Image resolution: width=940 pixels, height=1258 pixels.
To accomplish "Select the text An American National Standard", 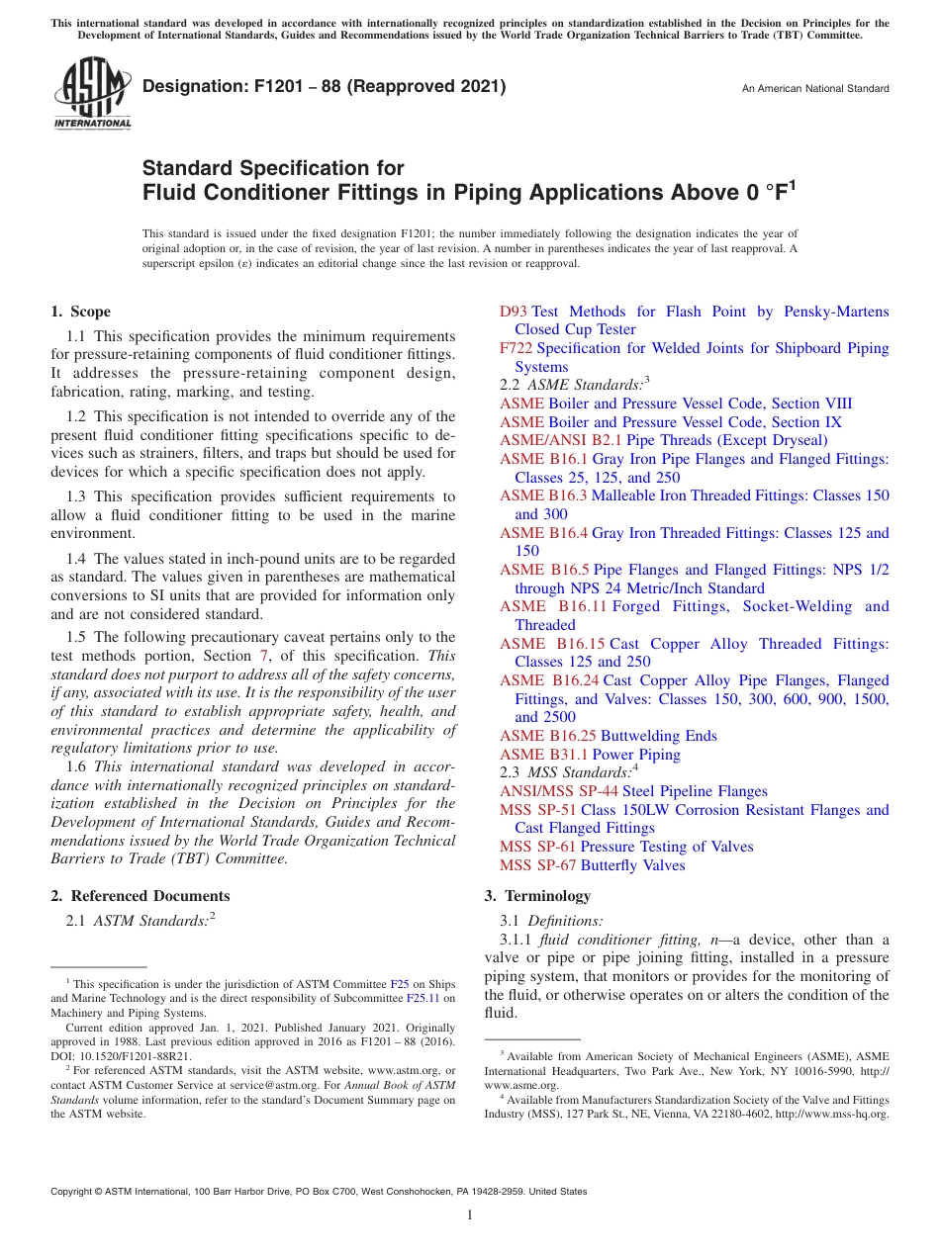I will (x=815, y=89).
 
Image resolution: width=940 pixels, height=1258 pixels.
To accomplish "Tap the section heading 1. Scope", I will (x=81, y=312).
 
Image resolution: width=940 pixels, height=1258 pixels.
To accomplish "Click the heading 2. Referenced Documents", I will (x=141, y=896).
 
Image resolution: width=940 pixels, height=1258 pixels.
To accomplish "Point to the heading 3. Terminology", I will (x=537, y=896).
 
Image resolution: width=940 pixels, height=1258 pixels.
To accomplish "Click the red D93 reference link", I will (x=514, y=312).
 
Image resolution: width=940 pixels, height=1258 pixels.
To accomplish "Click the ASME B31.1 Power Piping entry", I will (x=590, y=755).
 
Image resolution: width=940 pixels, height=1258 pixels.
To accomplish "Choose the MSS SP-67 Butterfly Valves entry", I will (x=592, y=865).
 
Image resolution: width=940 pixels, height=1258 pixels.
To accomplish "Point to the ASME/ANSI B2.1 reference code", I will (x=560, y=440).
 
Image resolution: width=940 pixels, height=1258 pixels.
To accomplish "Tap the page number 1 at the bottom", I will (x=470, y=1214).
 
